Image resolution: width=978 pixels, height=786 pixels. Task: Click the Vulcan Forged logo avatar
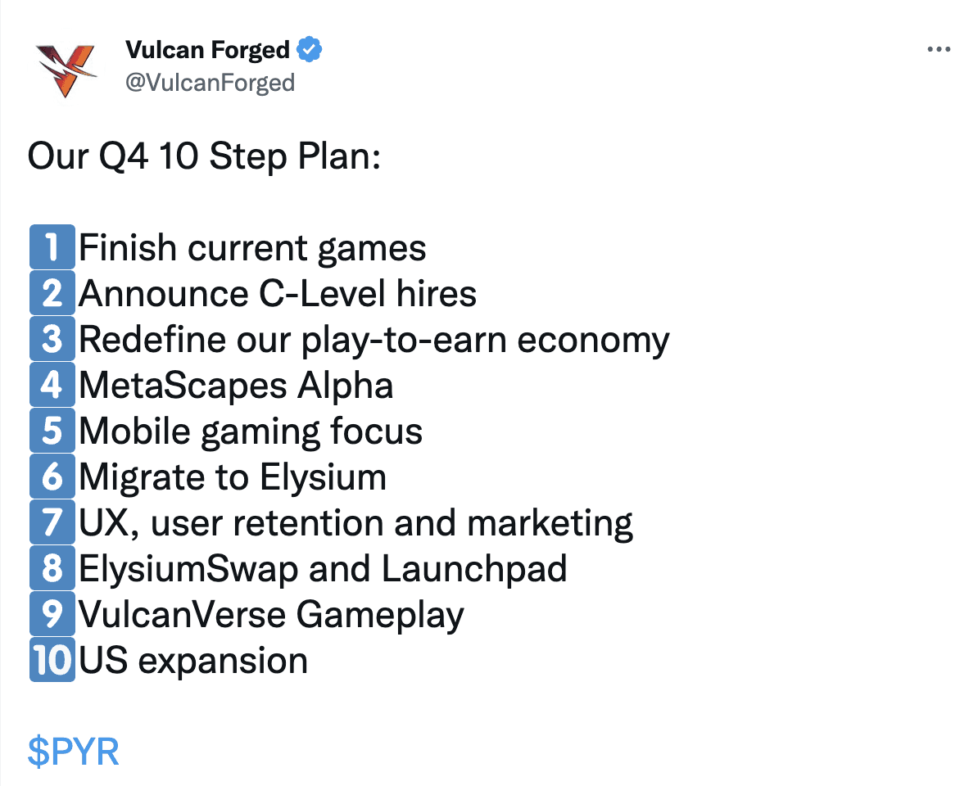coord(66,70)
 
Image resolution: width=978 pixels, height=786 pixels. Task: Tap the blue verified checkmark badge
coord(310,49)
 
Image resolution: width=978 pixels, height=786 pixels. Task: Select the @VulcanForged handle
coord(211,83)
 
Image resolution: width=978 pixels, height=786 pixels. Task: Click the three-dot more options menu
coord(939,49)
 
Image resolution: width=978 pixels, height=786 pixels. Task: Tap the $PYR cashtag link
coord(73,751)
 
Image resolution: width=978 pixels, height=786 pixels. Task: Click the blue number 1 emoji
coord(52,246)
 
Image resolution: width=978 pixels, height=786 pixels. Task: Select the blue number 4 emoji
coord(52,385)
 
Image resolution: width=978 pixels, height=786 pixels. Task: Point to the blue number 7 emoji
coord(52,522)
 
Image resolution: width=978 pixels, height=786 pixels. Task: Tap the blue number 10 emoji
coord(52,659)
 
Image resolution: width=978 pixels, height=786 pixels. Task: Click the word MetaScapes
coord(183,385)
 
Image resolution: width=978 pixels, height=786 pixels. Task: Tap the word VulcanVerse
coord(182,615)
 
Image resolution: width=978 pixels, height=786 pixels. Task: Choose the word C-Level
coord(323,294)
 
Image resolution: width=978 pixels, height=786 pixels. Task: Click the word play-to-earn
coord(404,341)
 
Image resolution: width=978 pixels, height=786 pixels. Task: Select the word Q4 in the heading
coord(124,156)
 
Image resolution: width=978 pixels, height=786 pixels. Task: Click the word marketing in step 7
coord(550,523)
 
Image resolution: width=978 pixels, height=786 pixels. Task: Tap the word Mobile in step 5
coord(134,431)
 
